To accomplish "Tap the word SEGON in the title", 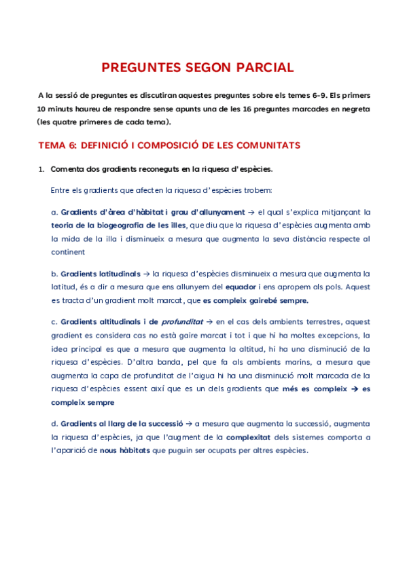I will tap(205, 68).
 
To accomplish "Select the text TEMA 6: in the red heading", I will tap(58, 145).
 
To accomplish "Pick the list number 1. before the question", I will tap(41, 169).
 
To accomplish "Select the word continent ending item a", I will tap(68, 251).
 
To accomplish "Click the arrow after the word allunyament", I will tap(251, 212).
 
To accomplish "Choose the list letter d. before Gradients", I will tap(54, 425).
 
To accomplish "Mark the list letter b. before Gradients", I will tap(54, 274).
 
